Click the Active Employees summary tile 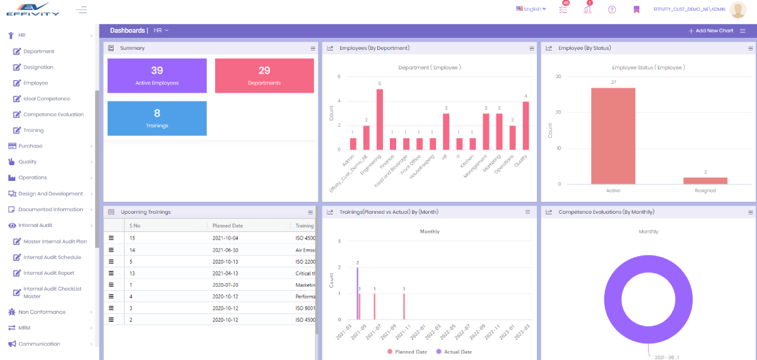[157, 76]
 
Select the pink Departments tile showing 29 [264, 76]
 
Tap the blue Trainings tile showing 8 [157, 118]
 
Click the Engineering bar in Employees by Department [380, 119]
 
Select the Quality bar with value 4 [525, 125]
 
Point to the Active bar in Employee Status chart [613, 136]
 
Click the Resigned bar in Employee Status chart [705, 181]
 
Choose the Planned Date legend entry [408, 352]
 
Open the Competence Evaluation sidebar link [53, 115]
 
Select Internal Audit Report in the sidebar [49, 273]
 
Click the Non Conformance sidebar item [42, 312]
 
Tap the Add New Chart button [710, 30]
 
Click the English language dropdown [531, 9]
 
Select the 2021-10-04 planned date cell [225, 238]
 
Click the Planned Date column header [228, 226]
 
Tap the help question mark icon [612, 9]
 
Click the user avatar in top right [737, 9]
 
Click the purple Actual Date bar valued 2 [358, 293]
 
